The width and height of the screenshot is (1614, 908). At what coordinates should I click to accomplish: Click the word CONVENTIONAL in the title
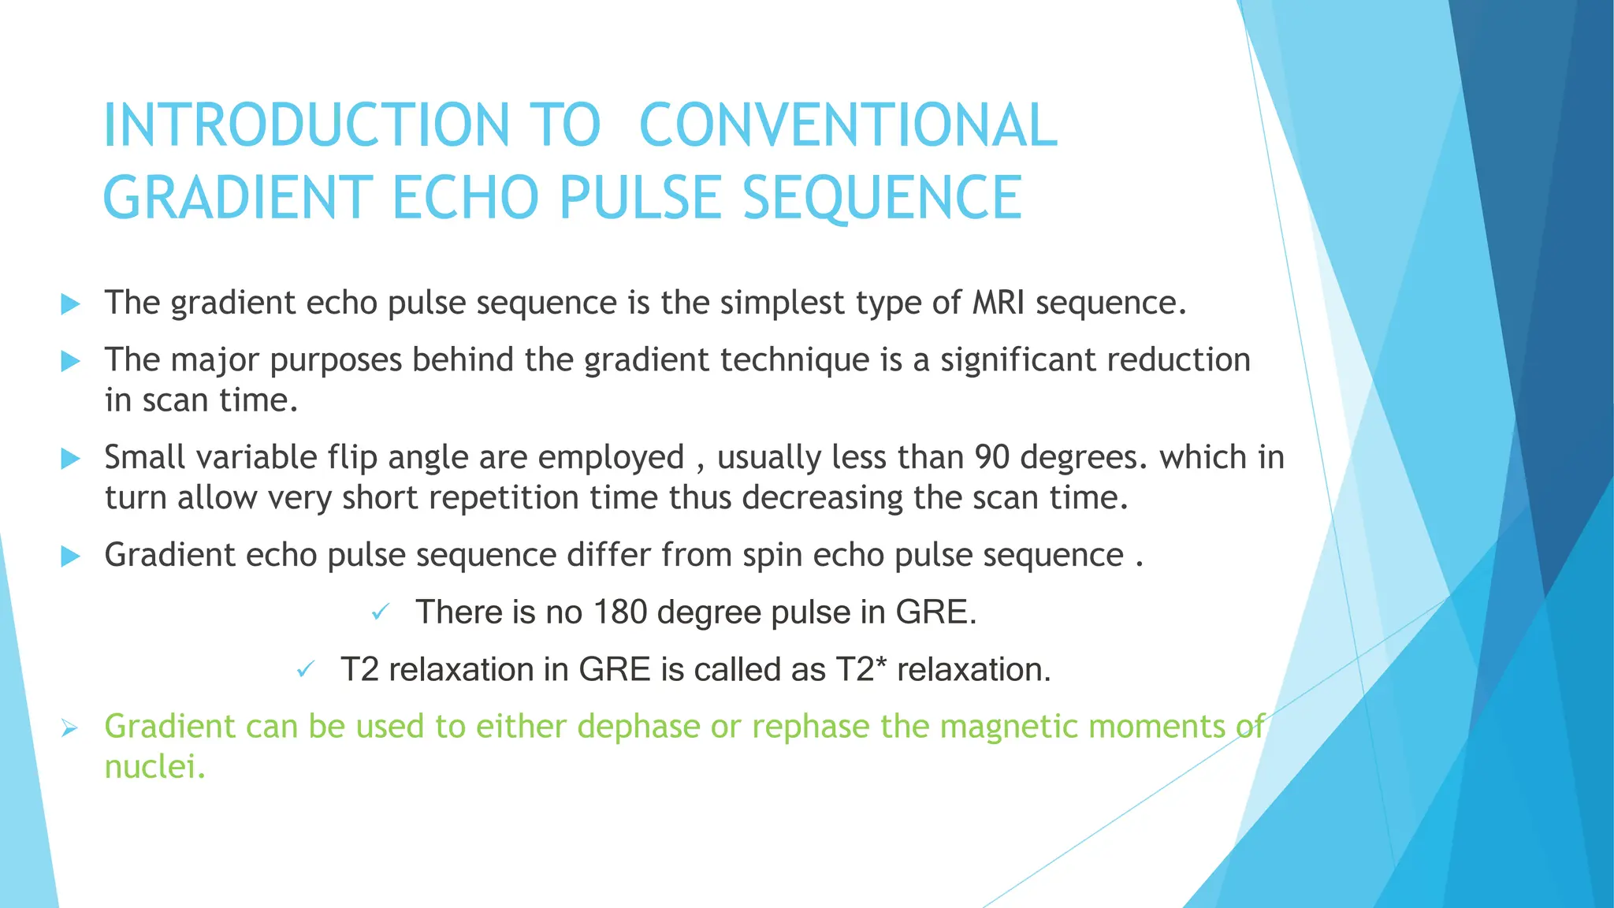pos(848,125)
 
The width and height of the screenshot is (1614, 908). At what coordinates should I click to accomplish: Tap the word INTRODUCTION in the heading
pos(307,125)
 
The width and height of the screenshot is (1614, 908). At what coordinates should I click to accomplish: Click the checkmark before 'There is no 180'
pos(381,612)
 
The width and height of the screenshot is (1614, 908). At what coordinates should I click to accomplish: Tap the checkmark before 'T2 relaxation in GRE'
pos(305,671)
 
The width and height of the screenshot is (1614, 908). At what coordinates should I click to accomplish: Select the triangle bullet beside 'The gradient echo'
pos(70,304)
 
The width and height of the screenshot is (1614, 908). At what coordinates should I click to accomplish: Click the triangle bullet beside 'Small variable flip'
pos(70,459)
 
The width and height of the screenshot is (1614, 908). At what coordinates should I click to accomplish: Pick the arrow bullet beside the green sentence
pos(69,729)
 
